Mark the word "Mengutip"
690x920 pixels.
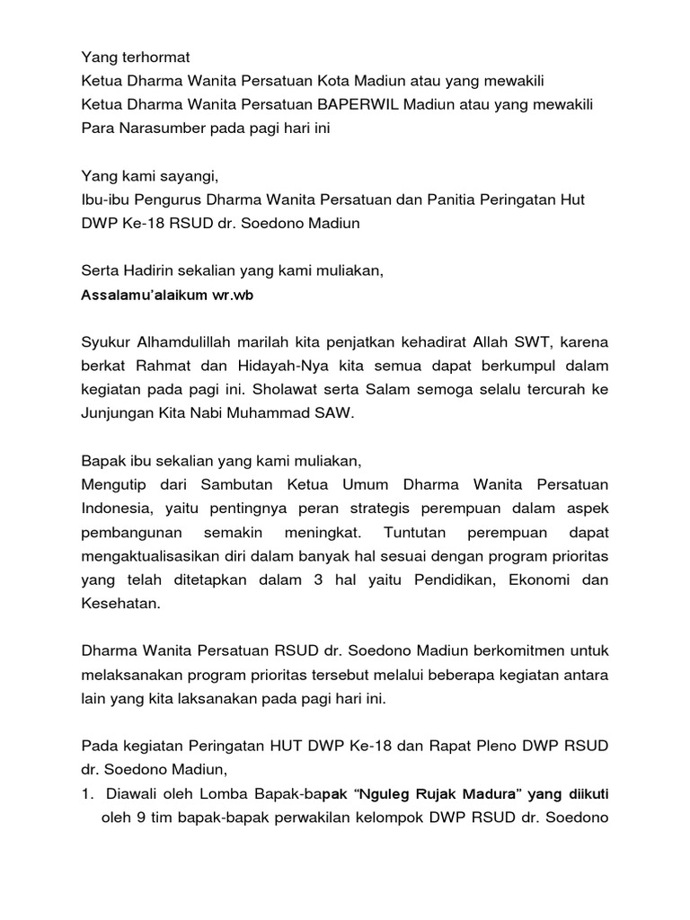112,486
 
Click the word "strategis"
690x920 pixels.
384,509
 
